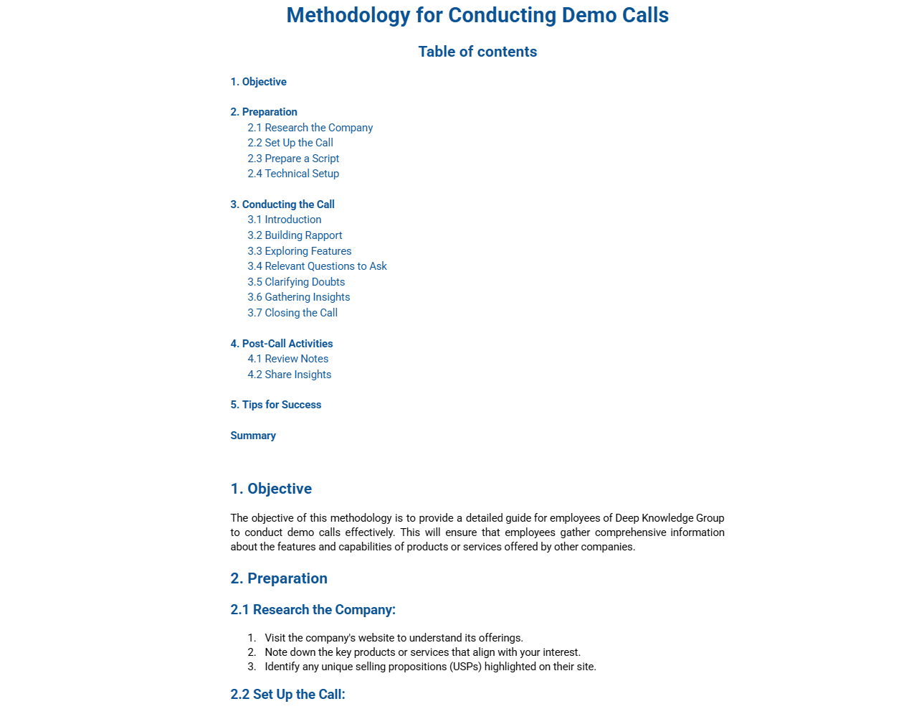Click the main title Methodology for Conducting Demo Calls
pyautogui.click(x=477, y=15)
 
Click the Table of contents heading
pyautogui.click(x=477, y=52)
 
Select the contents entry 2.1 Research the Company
pyautogui.click(x=310, y=128)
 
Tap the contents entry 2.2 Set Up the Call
pyautogui.click(x=290, y=143)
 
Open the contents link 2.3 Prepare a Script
pyautogui.click(x=293, y=159)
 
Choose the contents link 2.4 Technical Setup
pyautogui.click(x=293, y=174)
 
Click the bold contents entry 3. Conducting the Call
pyautogui.click(x=282, y=205)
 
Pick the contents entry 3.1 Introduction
pyautogui.click(x=284, y=220)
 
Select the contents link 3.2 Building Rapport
pyautogui.click(x=295, y=235)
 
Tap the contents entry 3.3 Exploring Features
pyautogui.click(x=299, y=251)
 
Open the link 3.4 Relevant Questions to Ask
pyautogui.click(x=317, y=266)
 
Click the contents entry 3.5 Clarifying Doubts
pyautogui.click(x=296, y=282)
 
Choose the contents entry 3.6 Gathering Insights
pyautogui.click(x=298, y=297)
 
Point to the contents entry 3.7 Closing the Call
pyautogui.click(x=292, y=313)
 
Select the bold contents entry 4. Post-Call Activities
pyautogui.click(x=281, y=344)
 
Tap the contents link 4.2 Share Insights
pyautogui.click(x=289, y=375)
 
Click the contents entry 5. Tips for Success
pyautogui.click(x=275, y=405)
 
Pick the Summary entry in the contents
pyautogui.click(x=253, y=436)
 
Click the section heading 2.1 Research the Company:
pyautogui.click(x=313, y=610)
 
